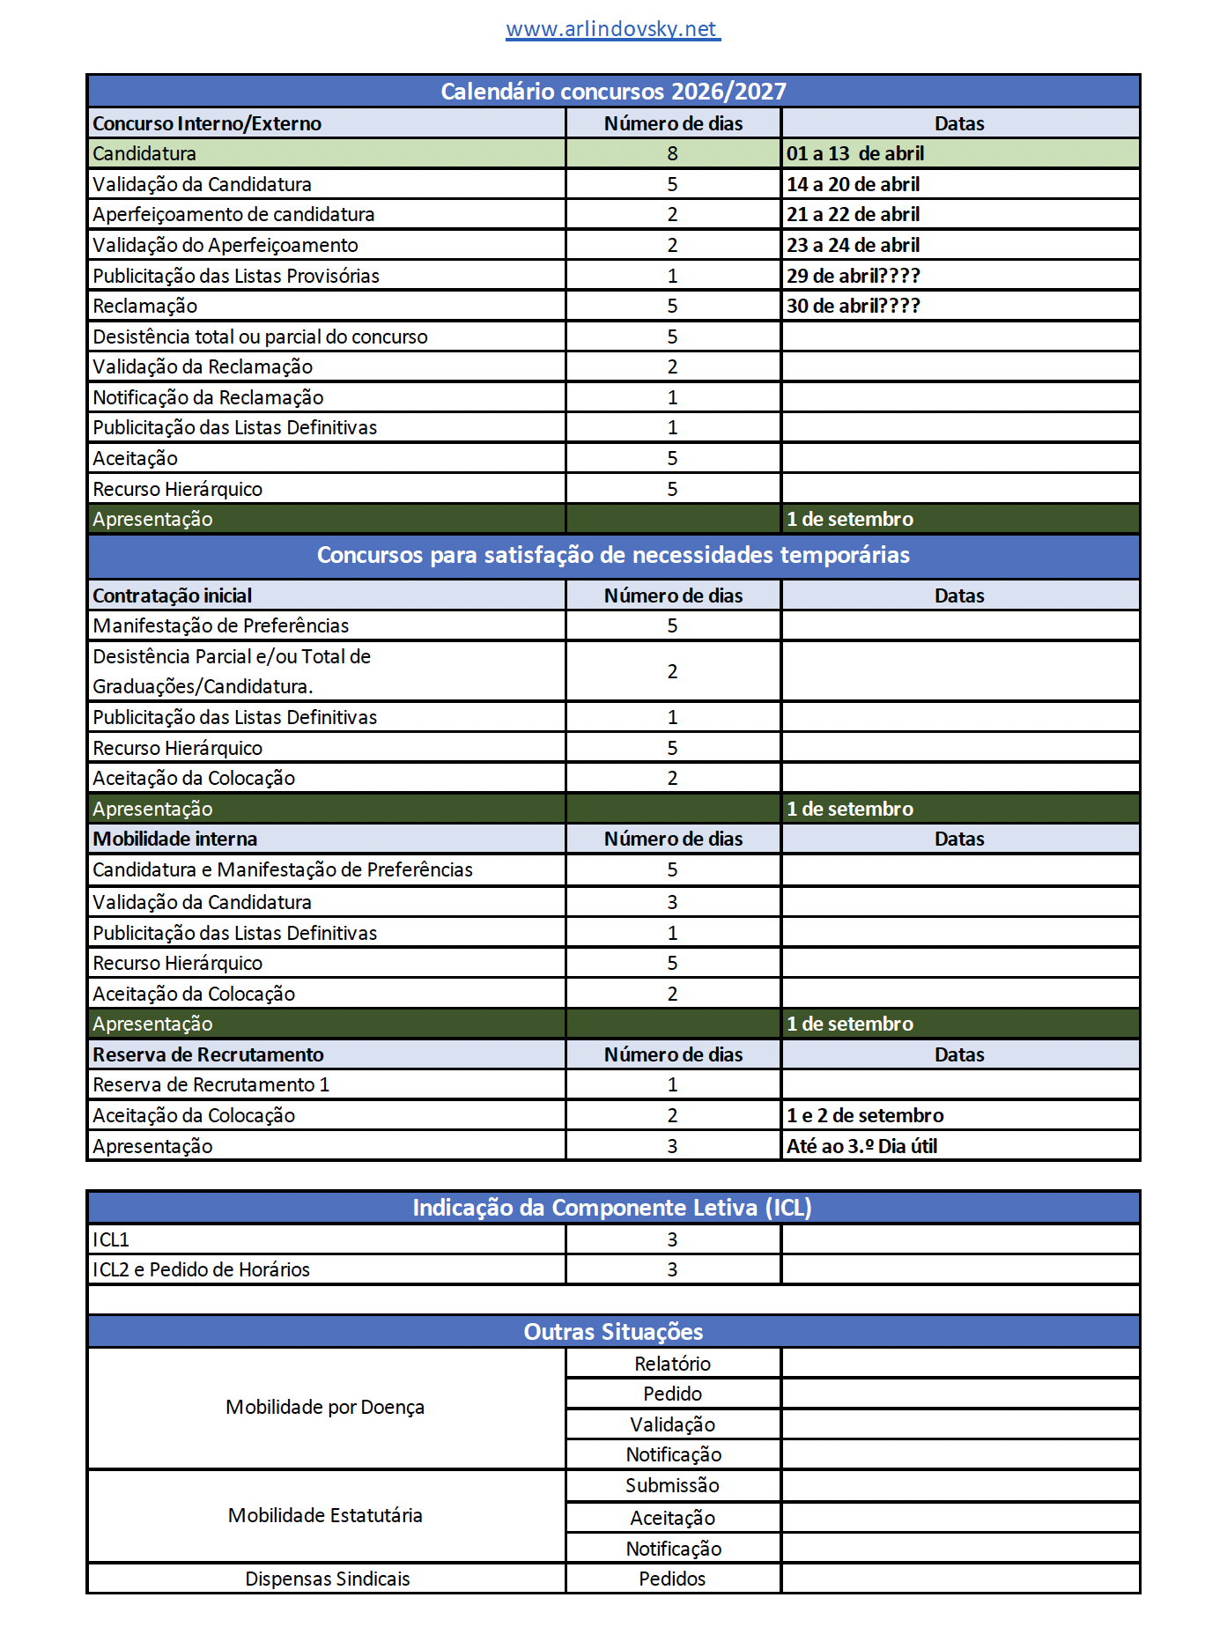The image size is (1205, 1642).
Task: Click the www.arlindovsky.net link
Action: coord(612,29)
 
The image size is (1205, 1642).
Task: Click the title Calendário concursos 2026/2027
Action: coord(613,92)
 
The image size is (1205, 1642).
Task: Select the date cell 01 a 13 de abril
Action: coord(855,153)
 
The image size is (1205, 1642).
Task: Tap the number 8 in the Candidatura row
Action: coord(672,153)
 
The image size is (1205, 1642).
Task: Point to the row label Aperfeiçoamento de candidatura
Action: coord(233,214)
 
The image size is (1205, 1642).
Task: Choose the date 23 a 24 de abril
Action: coord(853,245)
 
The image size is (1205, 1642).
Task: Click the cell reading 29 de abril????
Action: coord(853,276)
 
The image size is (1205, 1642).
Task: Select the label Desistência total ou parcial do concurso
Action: coord(260,337)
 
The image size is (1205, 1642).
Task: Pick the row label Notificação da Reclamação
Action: coord(208,397)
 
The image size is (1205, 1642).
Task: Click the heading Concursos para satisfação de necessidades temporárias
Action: coord(613,555)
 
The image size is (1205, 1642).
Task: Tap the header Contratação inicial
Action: coord(172,595)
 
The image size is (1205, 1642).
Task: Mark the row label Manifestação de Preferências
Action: coord(220,625)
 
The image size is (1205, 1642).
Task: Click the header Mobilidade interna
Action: coord(174,839)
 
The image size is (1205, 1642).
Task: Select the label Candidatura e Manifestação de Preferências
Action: coord(282,869)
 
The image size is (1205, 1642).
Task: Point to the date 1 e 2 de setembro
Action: coord(865,1115)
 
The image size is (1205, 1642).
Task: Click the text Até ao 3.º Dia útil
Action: coord(861,1146)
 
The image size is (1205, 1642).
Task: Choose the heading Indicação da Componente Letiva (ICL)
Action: coord(612,1208)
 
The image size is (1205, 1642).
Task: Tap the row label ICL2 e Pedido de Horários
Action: coord(201,1269)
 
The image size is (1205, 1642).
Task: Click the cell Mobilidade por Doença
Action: coord(325,1407)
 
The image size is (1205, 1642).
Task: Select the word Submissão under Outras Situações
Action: coord(672,1485)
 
